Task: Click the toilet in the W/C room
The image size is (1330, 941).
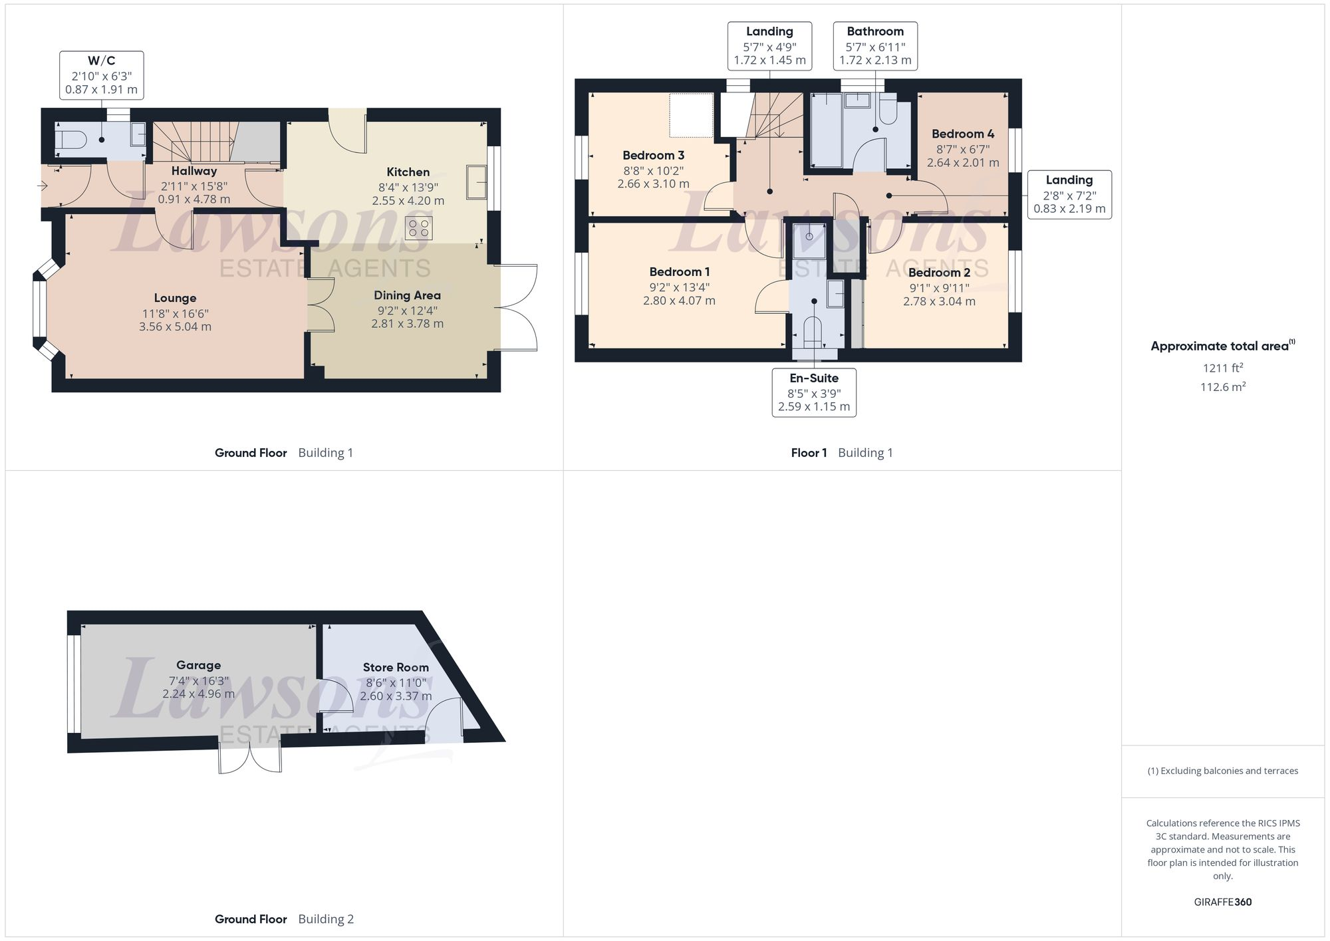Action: [x=68, y=140]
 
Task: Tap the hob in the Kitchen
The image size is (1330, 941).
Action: [x=419, y=228]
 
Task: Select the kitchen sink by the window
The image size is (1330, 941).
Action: [x=476, y=182]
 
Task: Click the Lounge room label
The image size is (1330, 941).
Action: [x=175, y=298]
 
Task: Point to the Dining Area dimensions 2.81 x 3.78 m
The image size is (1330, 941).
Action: [x=407, y=324]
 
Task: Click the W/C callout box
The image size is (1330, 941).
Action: [x=101, y=75]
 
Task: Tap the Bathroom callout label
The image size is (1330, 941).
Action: [x=875, y=31]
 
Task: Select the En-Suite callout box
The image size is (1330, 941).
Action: [x=814, y=392]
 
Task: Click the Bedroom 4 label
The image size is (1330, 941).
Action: [x=962, y=134]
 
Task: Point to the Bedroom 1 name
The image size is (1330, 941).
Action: [x=679, y=271]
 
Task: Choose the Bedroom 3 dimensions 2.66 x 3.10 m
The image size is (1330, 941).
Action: [x=653, y=184]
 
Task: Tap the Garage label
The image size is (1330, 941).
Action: [x=198, y=665]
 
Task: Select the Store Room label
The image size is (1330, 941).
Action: [x=396, y=667]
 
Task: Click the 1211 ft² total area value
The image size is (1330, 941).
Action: [x=1222, y=368]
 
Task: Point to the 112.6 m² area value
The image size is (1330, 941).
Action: [x=1222, y=387]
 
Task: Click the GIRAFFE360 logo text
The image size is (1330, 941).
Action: [x=1222, y=902]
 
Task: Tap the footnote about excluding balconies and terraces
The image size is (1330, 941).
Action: [x=1222, y=771]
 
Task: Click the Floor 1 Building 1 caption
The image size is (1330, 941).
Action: [x=842, y=453]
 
